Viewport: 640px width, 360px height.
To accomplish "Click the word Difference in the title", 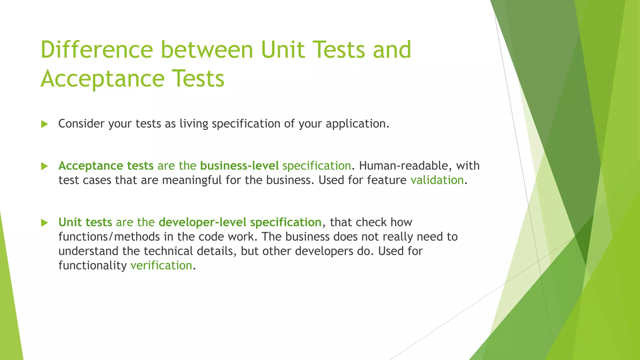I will click(97, 49).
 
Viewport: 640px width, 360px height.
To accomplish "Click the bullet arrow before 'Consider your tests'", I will click(44, 124).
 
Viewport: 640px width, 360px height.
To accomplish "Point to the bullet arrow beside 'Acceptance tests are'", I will click(44, 166).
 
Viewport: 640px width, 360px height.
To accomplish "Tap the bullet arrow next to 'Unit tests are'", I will click(44, 223).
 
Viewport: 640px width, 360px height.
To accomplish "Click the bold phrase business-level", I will click(239, 166).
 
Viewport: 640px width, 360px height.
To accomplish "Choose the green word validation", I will click(437, 180).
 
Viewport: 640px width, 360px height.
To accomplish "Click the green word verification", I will click(161, 266).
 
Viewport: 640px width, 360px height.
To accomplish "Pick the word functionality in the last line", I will click(92, 266).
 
